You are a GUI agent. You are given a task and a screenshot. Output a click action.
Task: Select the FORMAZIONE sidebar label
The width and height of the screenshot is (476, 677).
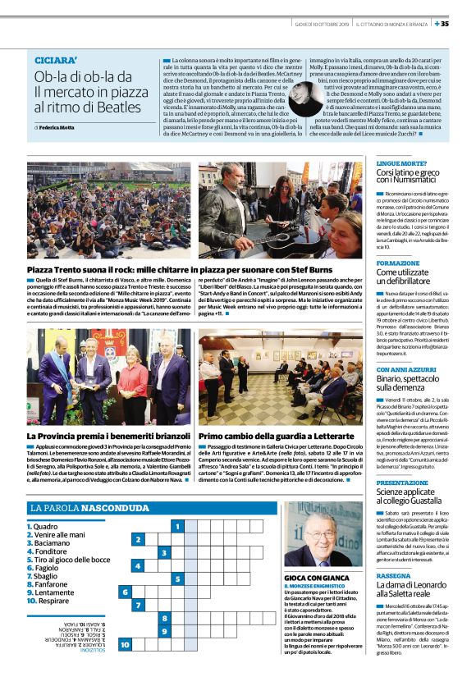point(397,263)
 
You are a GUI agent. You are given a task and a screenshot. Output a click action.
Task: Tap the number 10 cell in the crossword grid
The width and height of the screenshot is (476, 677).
point(126,644)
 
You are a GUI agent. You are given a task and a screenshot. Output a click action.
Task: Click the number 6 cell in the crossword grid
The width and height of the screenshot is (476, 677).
point(126,592)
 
